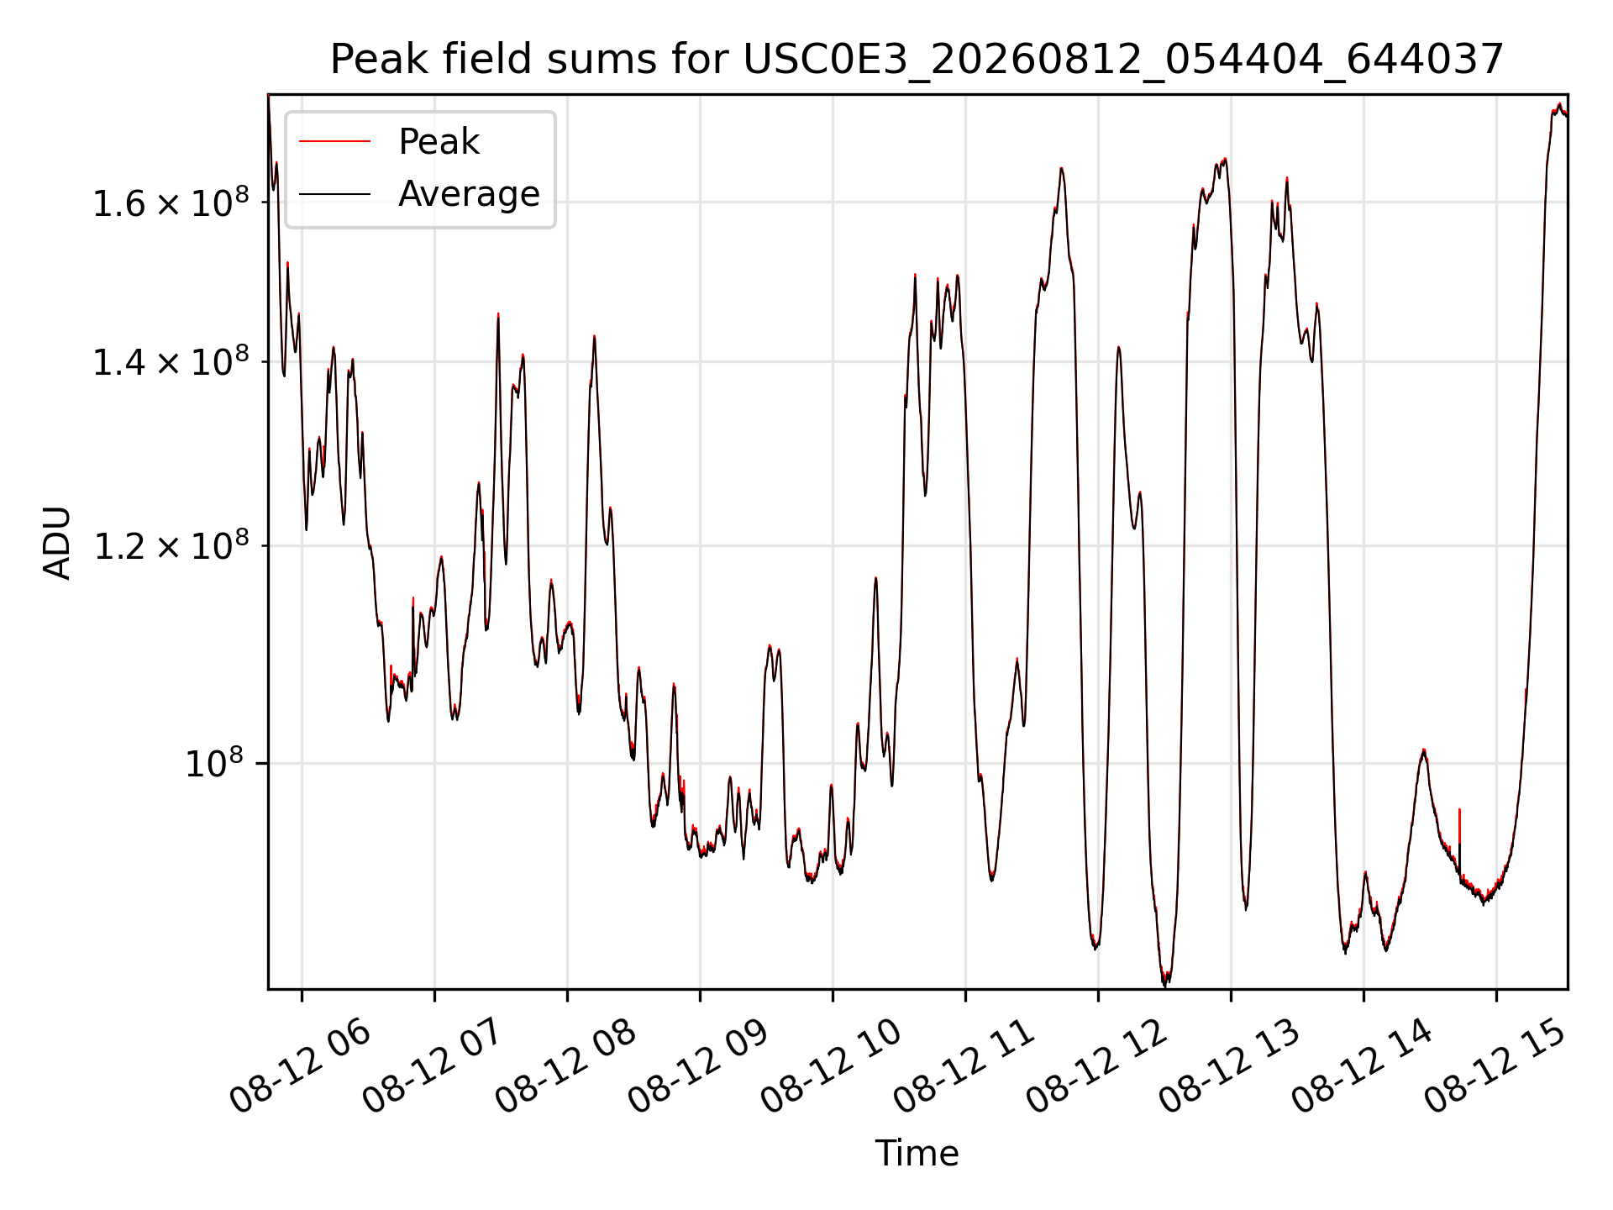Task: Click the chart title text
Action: coord(917,60)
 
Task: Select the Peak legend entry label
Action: coord(439,142)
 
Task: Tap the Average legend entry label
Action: coord(469,194)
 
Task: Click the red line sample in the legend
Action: coord(334,142)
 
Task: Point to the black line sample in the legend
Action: coord(334,194)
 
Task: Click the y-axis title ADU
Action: coord(57,542)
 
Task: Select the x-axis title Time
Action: coord(917,1154)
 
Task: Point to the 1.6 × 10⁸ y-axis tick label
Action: coord(171,203)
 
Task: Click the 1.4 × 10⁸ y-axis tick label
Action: coord(171,362)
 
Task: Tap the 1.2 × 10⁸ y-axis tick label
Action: coord(171,546)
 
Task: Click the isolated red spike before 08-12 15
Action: coord(1459,825)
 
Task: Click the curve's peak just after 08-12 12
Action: coord(1118,347)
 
